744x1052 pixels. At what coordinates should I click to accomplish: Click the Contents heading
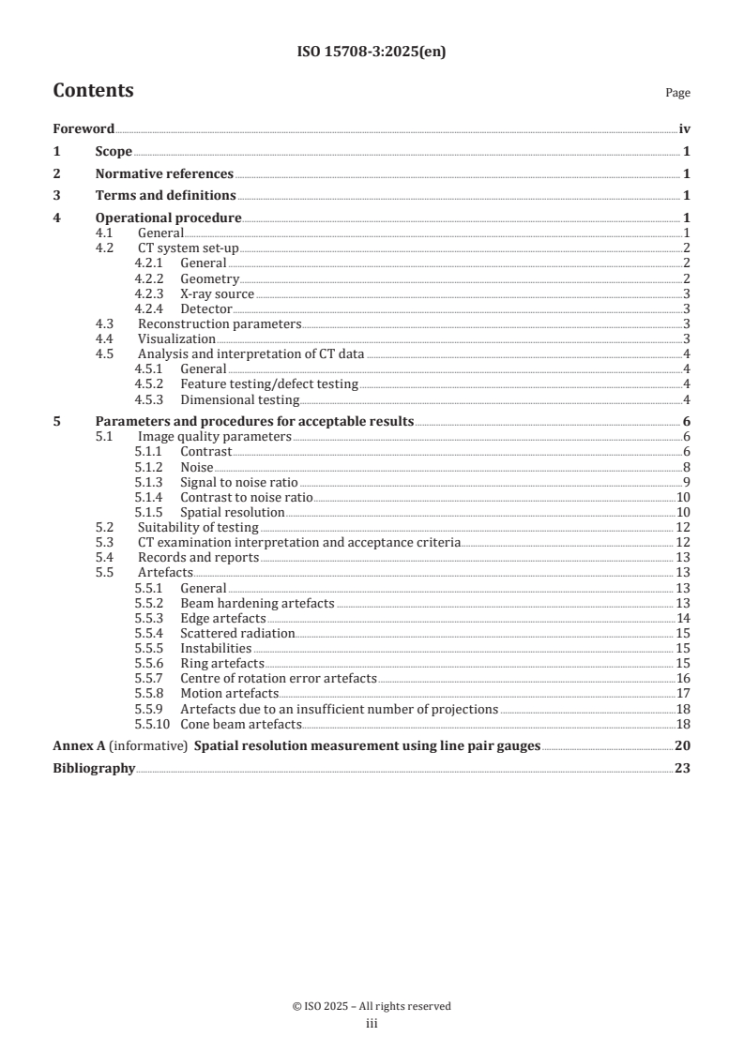coord(93,91)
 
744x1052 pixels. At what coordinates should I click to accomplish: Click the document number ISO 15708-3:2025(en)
coord(372,53)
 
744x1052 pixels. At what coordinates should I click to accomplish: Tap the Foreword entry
coord(84,129)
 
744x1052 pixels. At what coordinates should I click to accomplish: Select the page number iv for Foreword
coord(684,129)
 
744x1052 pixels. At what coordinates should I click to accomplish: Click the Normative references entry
coord(164,173)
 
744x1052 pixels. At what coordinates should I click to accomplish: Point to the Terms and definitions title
coord(165,196)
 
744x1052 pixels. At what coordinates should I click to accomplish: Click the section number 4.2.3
coord(150,293)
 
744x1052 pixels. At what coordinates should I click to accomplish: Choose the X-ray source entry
coord(217,293)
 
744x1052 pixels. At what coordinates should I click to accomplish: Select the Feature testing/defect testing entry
coord(269,383)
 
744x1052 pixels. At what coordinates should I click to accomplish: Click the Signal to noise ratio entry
coord(232,482)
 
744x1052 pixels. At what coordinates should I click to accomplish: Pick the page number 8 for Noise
coord(687,467)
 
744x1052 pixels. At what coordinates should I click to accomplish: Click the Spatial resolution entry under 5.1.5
coord(232,512)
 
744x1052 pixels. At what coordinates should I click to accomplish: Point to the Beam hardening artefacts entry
coord(257,603)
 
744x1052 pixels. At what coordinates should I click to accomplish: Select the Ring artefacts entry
coord(221,663)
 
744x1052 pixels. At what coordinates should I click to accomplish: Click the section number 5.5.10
coord(153,723)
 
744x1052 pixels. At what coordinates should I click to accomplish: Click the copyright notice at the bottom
coord(372,1006)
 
